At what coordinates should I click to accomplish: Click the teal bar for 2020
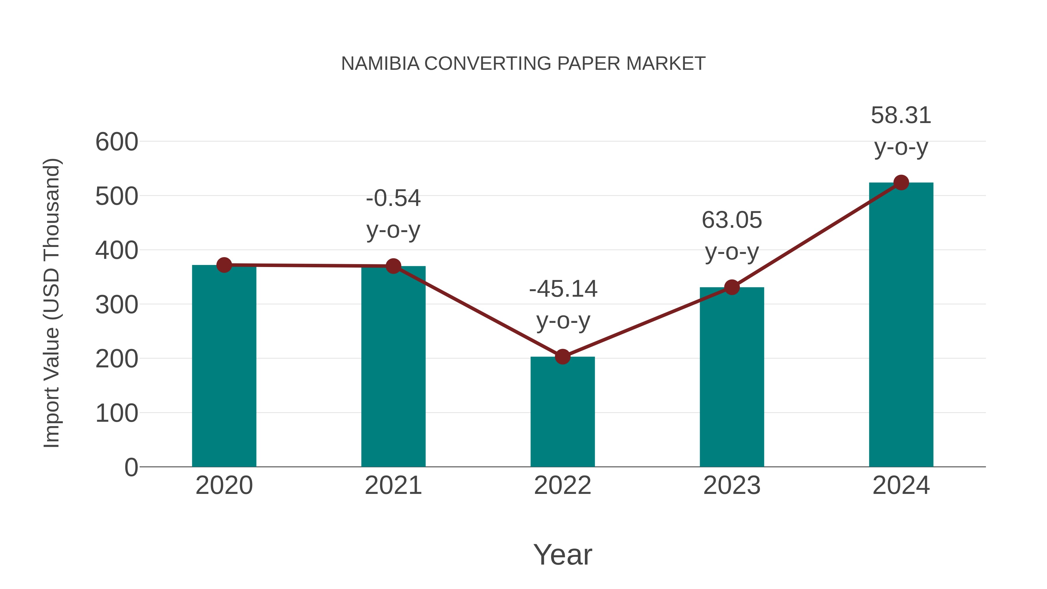[x=224, y=366]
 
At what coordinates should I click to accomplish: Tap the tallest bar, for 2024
[x=901, y=325]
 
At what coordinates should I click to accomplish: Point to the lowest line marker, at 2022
[x=562, y=357]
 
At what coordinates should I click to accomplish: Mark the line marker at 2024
[x=901, y=182]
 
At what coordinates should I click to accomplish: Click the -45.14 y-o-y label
[x=563, y=305]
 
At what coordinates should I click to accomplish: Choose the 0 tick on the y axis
[x=131, y=467]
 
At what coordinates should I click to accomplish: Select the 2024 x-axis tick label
[x=901, y=485]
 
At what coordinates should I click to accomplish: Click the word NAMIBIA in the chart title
[x=380, y=64]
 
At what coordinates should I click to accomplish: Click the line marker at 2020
[x=224, y=265]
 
